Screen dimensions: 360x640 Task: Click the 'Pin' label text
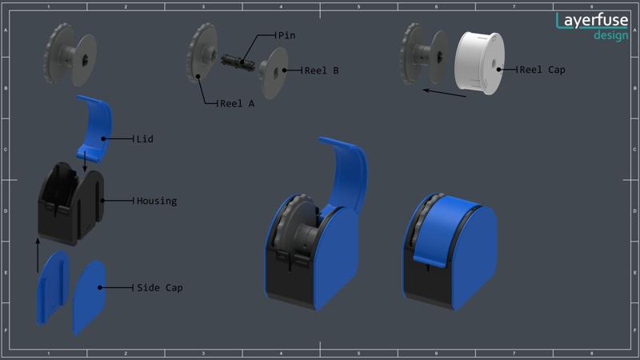[x=286, y=35]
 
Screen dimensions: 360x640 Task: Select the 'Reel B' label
[x=322, y=70]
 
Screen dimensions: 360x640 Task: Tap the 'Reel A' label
[x=237, y=103]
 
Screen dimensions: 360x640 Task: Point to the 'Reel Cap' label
[x=543, y=70]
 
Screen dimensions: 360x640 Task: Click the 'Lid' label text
[x=145, y=139]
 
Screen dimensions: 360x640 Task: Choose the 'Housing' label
[x=157, y=201]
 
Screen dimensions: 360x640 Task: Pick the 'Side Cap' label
[x=159, y=287]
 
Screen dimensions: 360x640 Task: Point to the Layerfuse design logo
[x=593, y=25]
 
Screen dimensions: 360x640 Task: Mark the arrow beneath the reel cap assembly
[x=444, y=94]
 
